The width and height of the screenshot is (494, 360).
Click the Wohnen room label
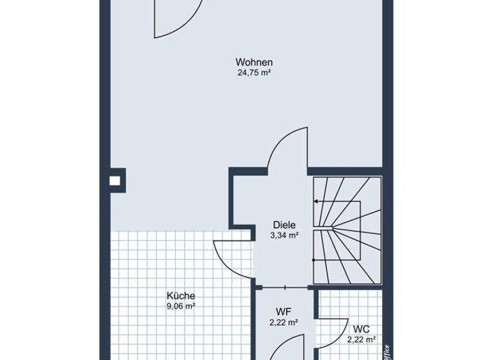[x=255, y=62]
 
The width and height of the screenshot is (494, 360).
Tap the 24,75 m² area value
[x=255, y=73]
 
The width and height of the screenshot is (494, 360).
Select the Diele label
[x=284, y=225]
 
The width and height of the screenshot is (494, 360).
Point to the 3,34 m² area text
[x=284, y=236]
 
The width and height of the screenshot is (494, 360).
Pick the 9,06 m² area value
[x=181, y=307]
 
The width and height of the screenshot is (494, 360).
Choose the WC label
[x=361, y=329]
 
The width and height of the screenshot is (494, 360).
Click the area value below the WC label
[x=361, y=339]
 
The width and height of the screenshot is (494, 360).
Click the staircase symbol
[x=346, y=231]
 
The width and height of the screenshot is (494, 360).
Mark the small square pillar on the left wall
[x=118, y=179]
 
